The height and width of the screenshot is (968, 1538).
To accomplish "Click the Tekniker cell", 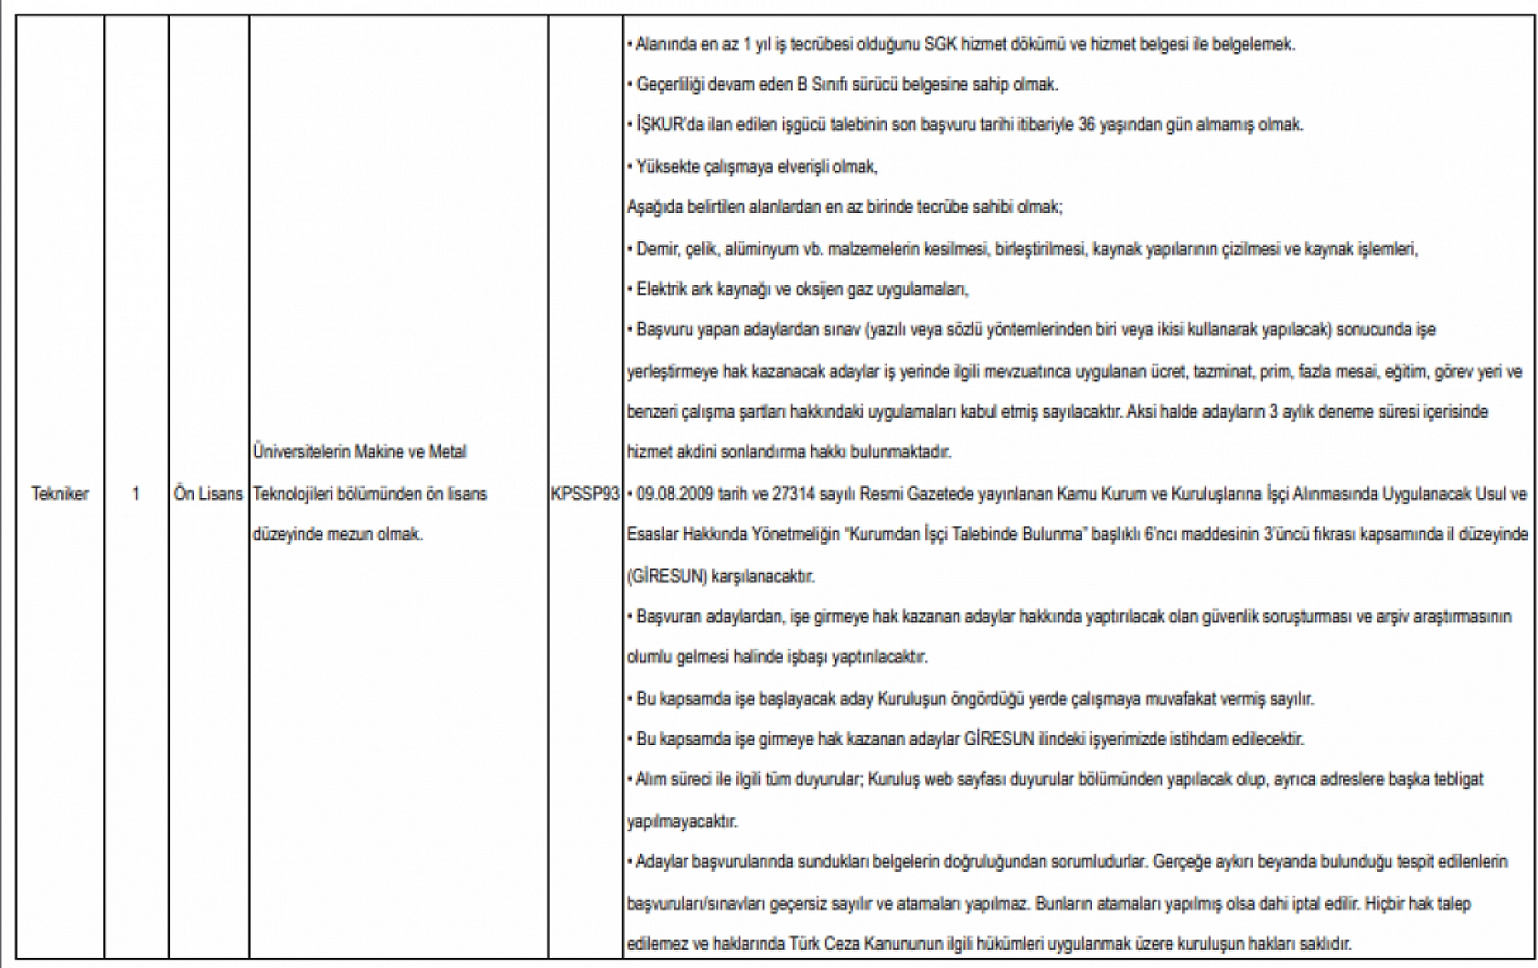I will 60,494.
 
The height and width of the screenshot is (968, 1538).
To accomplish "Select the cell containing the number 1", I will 136,494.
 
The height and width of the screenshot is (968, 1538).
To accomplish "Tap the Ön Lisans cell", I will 208,494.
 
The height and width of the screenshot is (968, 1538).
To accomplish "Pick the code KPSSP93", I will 585,494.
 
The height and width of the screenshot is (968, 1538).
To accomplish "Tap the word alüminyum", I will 766,249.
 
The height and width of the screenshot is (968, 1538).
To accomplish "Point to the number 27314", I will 798,495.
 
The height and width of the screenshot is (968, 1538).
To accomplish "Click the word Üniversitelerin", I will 295,452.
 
